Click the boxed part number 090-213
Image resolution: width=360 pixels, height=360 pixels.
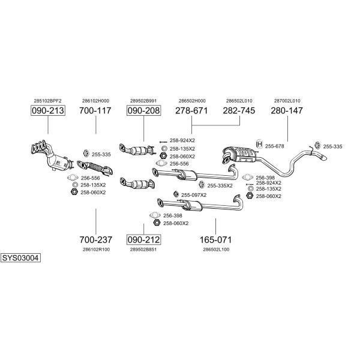tap(47, 111)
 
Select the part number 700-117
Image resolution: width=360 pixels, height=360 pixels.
tap(95, 111)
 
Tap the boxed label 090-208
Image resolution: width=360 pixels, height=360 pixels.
tap(144, 111)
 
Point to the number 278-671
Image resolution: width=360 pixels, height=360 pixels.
tap(191, 111)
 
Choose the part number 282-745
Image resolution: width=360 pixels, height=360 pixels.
tap(239, 111)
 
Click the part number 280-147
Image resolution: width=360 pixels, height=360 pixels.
tap(287, 111)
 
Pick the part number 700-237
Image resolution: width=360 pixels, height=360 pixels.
tap(95, 239)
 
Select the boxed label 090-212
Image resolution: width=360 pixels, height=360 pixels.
tap(144, 239)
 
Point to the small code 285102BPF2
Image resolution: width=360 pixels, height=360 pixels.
tap(47, 101)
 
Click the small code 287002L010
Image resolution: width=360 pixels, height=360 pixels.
tap(287, 101)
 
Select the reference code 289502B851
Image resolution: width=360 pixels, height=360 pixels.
tap(143, 249)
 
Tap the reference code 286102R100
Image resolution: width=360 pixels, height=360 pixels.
tap(95, 249)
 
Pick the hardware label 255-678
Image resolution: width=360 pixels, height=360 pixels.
tap(274, 145)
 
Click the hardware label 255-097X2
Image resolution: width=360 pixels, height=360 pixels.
tap(194, 195)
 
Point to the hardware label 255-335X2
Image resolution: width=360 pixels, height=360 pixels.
tap(220, 185)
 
